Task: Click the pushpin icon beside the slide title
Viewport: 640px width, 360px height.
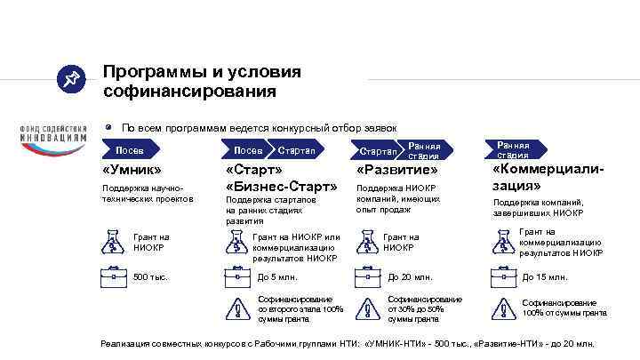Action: click(69, 81)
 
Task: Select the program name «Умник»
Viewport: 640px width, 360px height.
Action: click(132, 170)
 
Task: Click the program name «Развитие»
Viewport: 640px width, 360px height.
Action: click(397, 170)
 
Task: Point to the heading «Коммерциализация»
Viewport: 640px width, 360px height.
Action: click(541, 178)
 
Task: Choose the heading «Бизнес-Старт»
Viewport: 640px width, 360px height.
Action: click(282, 187)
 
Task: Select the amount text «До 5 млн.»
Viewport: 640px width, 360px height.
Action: click(277, 277)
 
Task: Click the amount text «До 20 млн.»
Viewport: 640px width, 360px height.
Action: click(411, 277)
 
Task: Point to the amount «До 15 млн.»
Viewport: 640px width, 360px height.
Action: click(545, 277)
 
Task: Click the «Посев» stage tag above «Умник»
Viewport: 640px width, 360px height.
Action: click(129, 150)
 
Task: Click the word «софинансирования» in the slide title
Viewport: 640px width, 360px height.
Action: click(189, 91)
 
